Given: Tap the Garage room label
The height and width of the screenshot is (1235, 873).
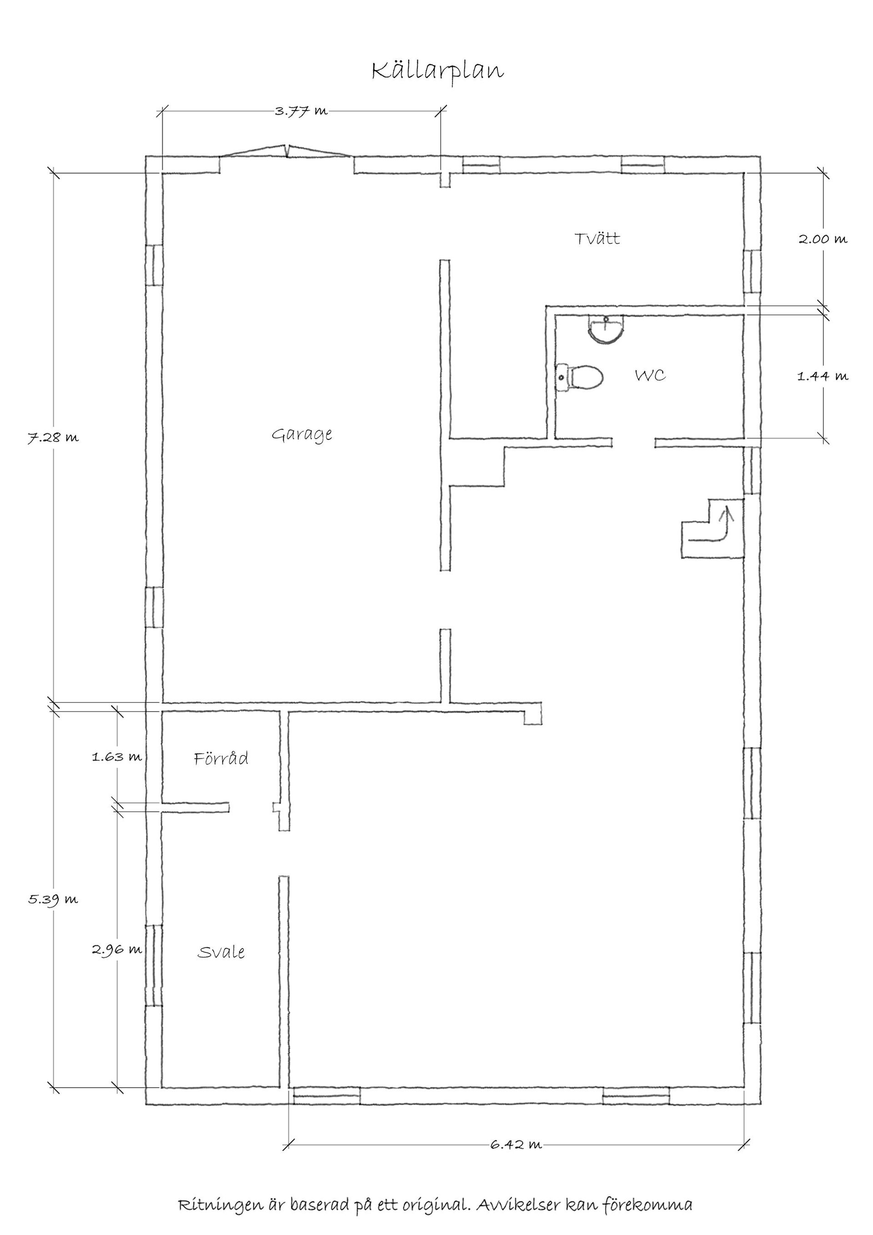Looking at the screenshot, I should tap(301, 434).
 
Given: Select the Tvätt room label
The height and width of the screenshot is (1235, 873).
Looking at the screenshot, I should tap(597, 238).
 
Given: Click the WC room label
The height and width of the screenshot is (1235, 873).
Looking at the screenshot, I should tap(651, 375).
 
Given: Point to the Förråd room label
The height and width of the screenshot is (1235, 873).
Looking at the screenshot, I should tap(221, 758).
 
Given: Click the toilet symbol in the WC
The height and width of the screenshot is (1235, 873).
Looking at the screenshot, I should tap(580, 377).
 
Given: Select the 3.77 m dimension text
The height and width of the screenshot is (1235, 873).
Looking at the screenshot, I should tap(301, 111).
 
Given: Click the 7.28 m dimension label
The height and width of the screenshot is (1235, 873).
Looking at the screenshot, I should tap(53, 437).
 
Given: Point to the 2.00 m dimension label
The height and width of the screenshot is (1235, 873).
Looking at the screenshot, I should tap(822, 239).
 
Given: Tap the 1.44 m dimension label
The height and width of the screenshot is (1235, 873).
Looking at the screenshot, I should tap(822, 376).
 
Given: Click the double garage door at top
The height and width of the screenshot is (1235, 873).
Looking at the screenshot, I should tap(286, 151).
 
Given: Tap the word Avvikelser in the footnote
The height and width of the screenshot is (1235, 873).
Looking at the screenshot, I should tap(517, 1205).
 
